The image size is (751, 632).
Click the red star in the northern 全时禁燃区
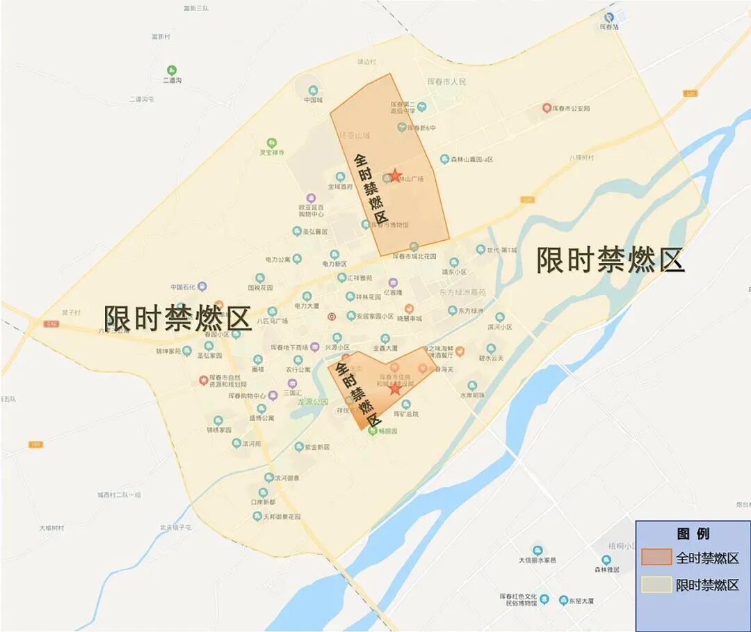tap(395, 175)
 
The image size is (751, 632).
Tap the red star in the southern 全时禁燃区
tap(395, 388)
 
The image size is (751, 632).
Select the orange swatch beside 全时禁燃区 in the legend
tap(656, 558)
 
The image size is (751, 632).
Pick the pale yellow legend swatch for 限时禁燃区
tap(656, 585)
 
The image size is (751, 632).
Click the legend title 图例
tap(693, 534)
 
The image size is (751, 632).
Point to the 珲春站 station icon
tap(609, 16)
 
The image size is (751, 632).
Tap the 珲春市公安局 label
tap(571, 109)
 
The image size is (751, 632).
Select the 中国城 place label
tap(314, 100)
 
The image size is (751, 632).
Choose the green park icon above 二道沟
tap(172, 70)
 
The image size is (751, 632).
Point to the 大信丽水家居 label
tap(537, 560)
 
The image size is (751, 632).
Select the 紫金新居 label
tap(316, 447)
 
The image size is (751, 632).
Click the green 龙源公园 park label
tap(312, 402)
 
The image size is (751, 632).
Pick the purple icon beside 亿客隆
tap(393, 283)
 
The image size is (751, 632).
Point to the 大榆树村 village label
tap(51, 528)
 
